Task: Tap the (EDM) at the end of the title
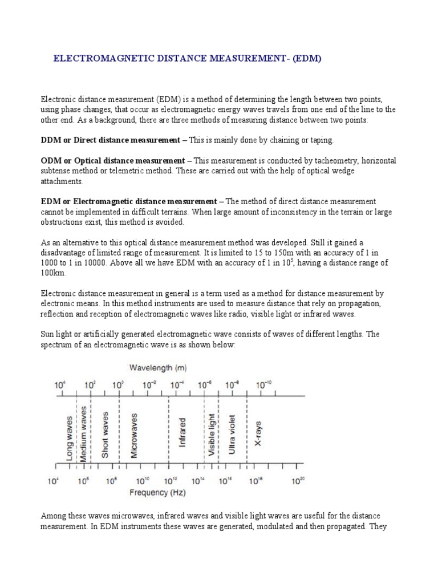(x=307, y=58)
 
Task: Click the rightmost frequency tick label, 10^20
(x=298, y=481)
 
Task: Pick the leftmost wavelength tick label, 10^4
(x=60, y=385)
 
